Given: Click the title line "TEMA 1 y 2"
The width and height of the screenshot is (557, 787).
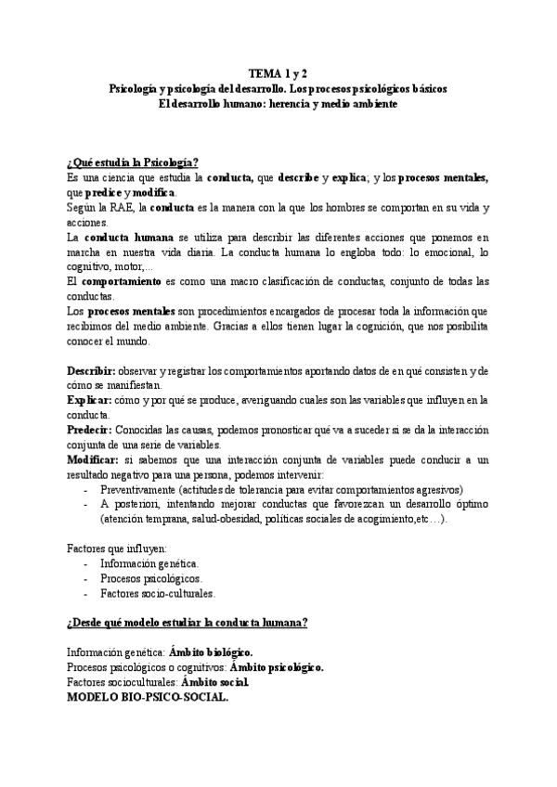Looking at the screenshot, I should click(x=278, y=72).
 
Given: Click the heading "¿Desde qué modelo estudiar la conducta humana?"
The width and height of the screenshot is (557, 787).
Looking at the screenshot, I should click(x=188, y=622).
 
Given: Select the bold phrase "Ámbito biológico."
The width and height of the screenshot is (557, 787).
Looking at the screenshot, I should click(x=217, y=652).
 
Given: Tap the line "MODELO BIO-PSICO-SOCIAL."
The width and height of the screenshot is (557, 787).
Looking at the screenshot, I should click(x=148, y=697).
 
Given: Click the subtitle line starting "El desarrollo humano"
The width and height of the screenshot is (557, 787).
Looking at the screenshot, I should click(x=278, y=103).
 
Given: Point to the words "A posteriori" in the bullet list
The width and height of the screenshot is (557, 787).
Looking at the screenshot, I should click(x=128, y=503).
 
